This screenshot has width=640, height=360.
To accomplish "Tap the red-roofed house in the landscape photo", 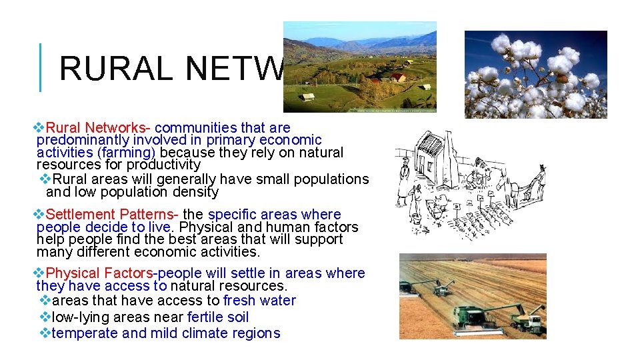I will [397, 78].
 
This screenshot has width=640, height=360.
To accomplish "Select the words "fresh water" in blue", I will [259, 301].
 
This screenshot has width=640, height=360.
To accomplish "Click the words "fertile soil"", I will [218, 317].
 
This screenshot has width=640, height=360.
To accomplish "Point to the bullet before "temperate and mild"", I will [45, 333].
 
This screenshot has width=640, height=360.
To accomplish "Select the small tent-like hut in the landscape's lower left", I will [307, 97].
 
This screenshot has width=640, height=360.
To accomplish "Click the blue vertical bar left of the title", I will [41, 67].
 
